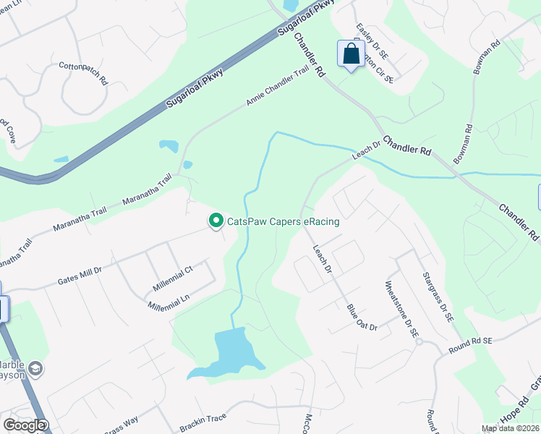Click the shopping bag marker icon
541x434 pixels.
[351, 54]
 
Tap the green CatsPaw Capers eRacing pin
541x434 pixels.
[216, 221]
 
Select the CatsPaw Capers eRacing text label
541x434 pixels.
[284, 221]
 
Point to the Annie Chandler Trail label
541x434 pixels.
[278, 88]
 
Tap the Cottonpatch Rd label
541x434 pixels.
[83, 72]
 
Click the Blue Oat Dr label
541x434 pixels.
[362, 317]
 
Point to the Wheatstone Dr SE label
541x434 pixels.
[402, 310]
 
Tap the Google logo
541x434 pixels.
[24, 425]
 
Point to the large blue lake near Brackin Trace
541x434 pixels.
[229, 353]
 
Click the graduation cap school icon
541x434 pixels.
[34, 370]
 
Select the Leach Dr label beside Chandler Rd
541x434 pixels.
[367, 150]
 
